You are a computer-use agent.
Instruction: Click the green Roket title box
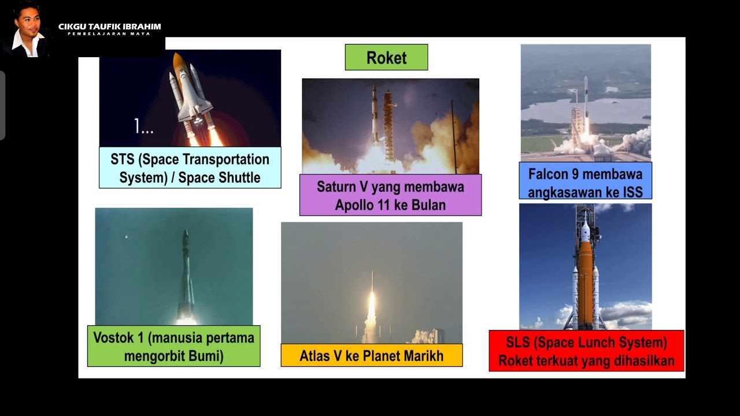(386, 58)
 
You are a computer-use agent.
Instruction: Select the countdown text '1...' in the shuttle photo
(144, 127)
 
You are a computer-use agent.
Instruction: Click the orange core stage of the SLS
(585, 277)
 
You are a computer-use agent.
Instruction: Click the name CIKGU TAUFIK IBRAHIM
(109, 27)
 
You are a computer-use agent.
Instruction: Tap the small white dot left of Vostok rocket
(127, 237)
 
